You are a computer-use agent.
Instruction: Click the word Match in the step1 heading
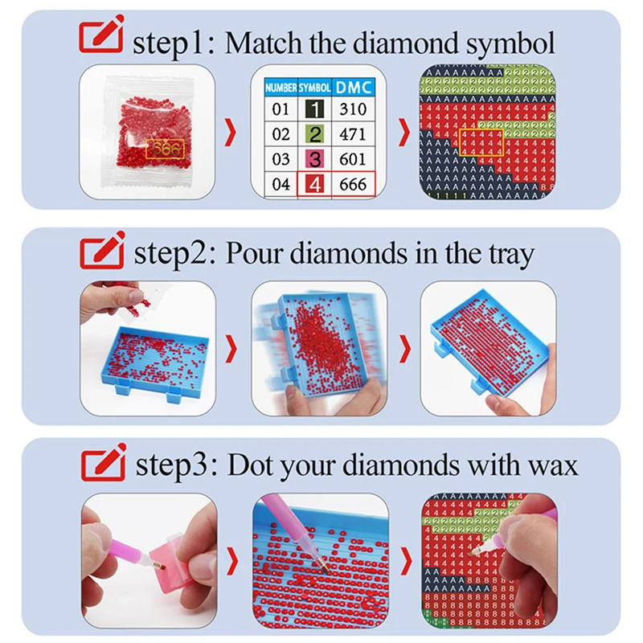tap(266, 42)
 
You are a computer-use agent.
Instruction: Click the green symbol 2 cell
tap(315, 134)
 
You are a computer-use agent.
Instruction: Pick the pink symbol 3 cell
tap(315, 159)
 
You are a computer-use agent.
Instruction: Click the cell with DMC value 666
tap(351, 185)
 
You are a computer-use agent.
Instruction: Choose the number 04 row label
tap(281, 185)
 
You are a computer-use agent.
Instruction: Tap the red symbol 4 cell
tap(315, 185)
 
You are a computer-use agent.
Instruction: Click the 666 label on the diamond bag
tap(166, 149)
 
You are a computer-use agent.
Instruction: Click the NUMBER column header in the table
tap(281, 86)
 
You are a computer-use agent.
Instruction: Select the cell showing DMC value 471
tap(351, 134)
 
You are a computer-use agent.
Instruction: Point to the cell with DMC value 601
tap(351, 159)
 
